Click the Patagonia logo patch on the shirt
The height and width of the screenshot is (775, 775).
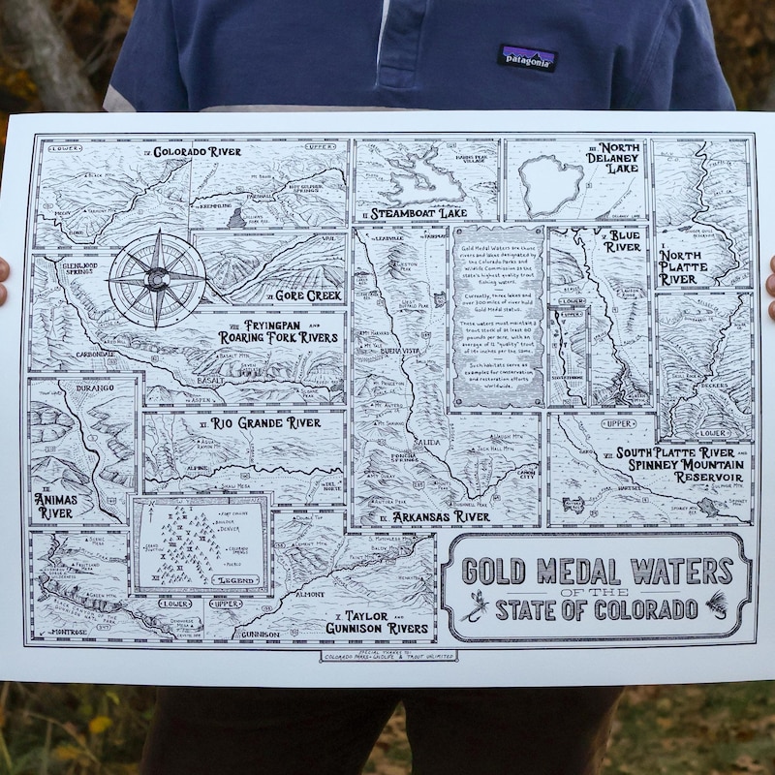[527, 58]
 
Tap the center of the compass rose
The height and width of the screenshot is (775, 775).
[156, 279]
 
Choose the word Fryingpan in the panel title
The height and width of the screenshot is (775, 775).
[255, 325]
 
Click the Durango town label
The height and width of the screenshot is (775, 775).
[85, 387]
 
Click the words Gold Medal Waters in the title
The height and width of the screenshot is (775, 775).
[595, 571]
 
